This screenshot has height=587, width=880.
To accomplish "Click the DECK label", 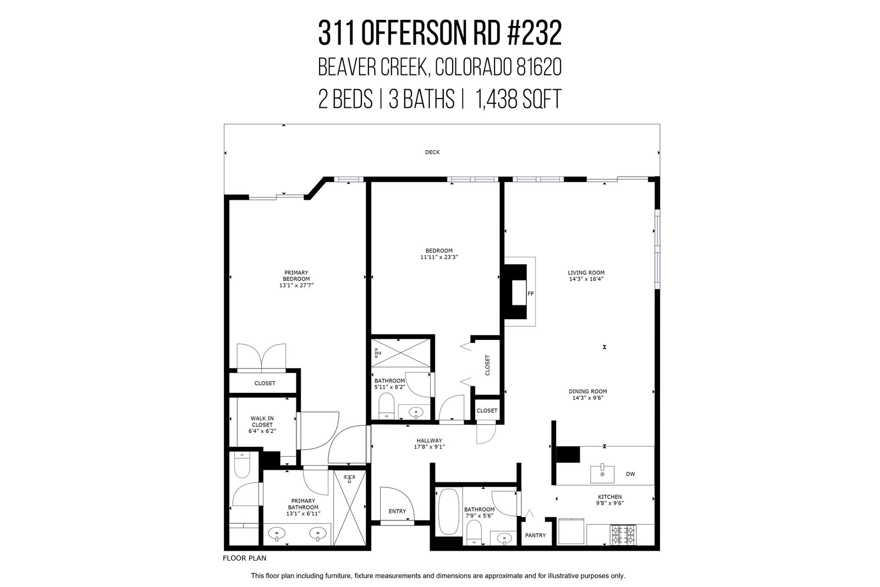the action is coord(432,152).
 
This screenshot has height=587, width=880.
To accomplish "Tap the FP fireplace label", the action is coord(530,294).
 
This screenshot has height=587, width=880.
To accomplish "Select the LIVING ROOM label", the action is coord(586,272).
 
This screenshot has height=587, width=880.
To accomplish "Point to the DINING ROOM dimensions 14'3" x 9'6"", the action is coord(588,398).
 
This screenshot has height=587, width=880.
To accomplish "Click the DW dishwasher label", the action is coord(630,474).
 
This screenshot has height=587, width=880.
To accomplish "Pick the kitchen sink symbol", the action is coord(602,474).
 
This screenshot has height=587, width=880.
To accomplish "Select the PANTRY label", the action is coord(536,535).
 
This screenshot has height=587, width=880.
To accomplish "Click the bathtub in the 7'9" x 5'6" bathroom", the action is coord(449,512).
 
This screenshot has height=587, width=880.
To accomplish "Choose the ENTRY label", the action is coord(397,511).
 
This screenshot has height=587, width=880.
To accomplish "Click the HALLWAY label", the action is coord(430,441).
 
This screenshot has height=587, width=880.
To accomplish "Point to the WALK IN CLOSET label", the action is coord(262,421).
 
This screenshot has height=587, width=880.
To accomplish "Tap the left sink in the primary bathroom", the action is coord(277,534).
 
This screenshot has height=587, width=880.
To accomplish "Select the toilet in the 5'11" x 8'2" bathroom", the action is coord(386,407).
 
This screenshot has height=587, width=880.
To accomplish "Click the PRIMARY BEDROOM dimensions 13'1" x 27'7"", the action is coord(296,286).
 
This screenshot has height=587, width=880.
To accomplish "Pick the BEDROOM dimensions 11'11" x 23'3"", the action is coord(439,257).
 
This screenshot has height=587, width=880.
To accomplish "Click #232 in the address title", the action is coord(534,34).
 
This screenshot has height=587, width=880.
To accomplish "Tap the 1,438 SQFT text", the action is coord(518,99).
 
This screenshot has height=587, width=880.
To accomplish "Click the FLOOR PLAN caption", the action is coord(244,558).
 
